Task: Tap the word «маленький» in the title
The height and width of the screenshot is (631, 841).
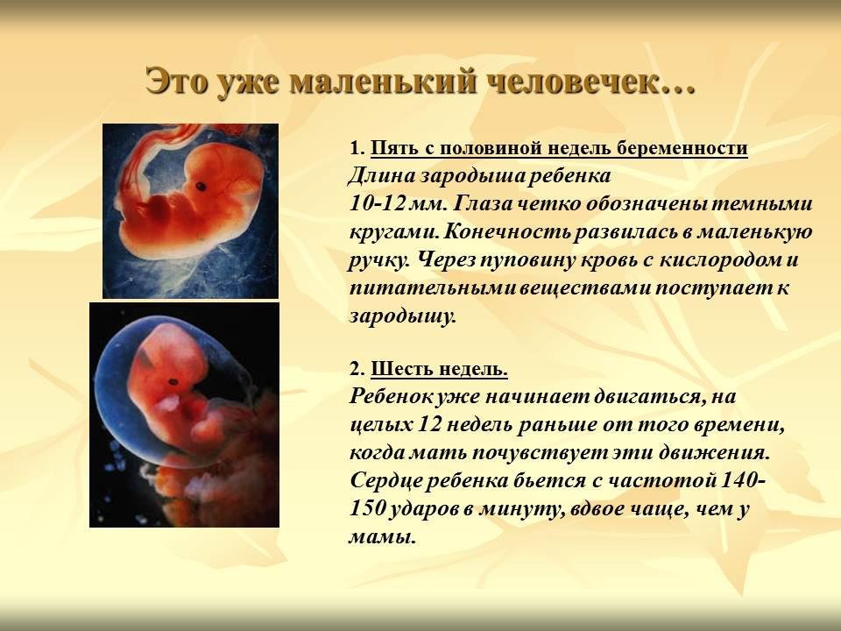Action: pos(383,82)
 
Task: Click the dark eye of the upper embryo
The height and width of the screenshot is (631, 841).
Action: pos(201,187)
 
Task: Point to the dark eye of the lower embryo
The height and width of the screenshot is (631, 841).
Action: pos(173,382)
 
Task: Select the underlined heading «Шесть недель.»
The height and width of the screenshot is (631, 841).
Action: pos(439,369)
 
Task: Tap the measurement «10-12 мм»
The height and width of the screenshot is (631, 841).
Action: pos(399,204)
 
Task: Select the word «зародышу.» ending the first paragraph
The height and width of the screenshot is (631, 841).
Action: pos(403,315)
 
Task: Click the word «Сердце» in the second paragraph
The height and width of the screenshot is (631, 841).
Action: pos(383,480)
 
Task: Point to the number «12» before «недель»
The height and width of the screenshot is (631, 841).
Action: pos(428,424)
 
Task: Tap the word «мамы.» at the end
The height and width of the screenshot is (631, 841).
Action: pos(383,537)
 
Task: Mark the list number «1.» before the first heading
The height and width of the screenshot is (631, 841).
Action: pos(357,148)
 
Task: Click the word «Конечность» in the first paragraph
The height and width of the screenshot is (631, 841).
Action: pos(508,231)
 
